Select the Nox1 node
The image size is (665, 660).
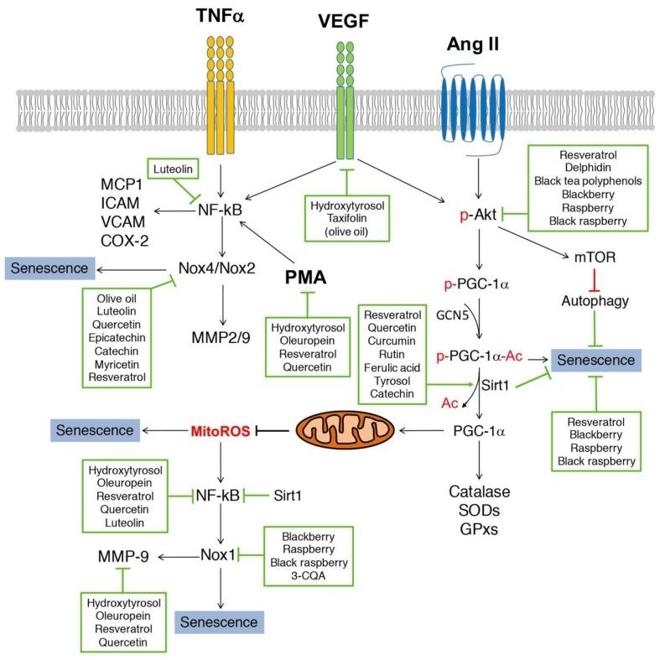tap(220, 555)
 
